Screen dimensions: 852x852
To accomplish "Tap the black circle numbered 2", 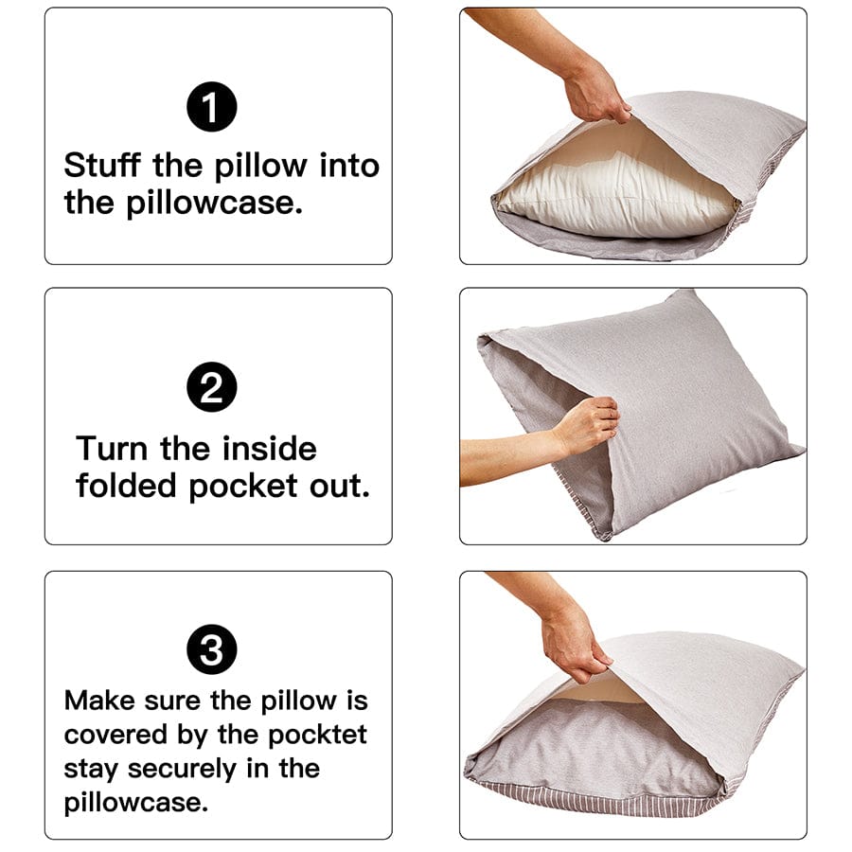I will click(212, 390).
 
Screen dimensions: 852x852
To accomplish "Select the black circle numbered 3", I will click(212, 650).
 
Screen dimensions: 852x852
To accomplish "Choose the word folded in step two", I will click(128, 486).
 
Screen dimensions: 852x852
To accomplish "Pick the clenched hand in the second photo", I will click(589, 423).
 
